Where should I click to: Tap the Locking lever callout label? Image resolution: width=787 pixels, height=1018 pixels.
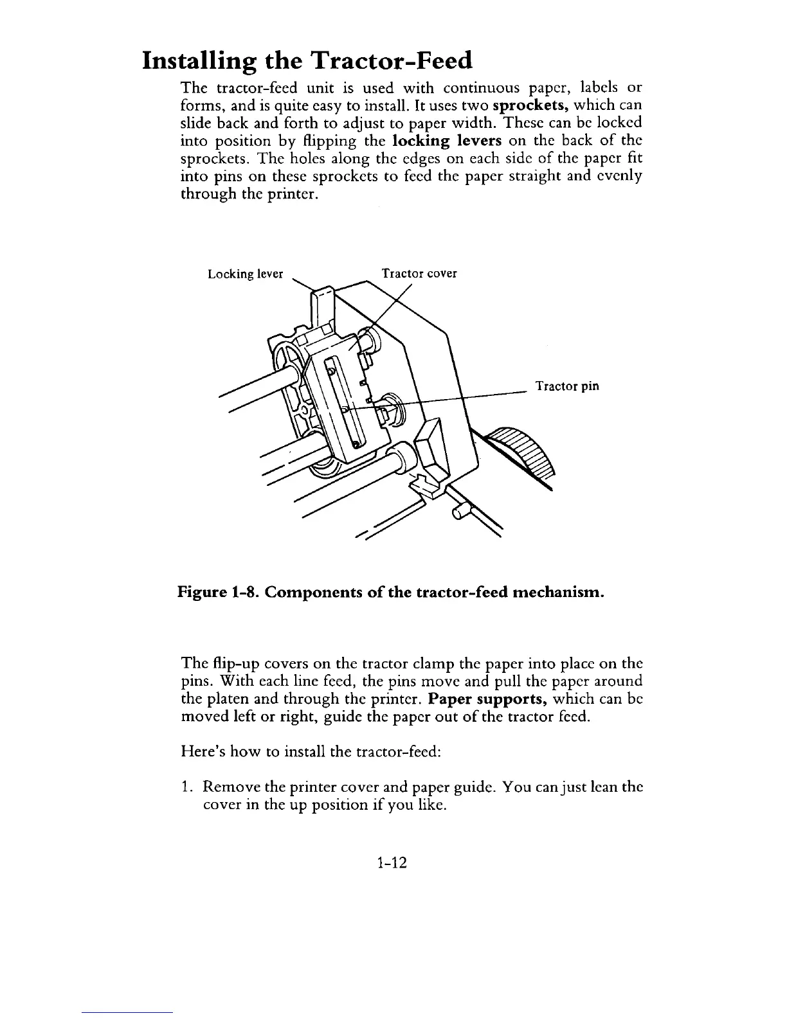[x=246, y=274]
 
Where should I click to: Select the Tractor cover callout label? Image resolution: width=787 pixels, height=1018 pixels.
[x=419, y=273]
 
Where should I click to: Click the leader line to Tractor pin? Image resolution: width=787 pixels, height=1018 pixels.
[x=463, y=397]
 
